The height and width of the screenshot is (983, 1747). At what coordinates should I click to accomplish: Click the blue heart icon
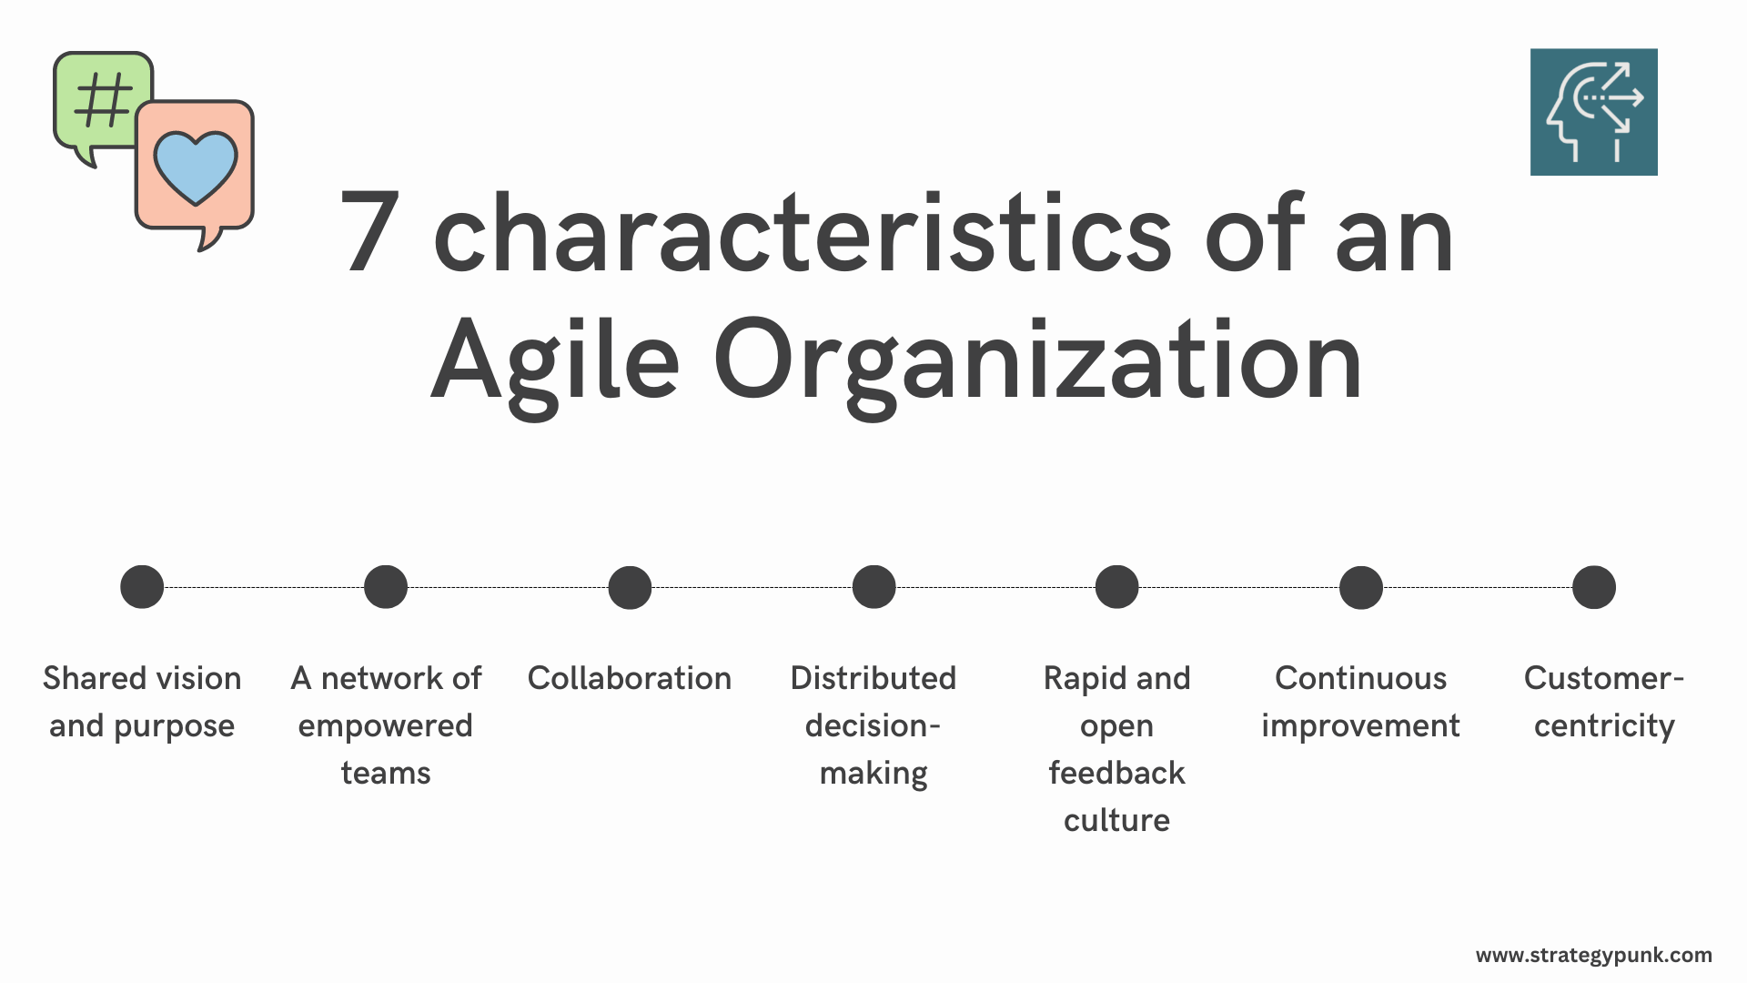coord(195,167)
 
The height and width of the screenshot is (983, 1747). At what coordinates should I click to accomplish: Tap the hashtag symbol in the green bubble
coord(103,99)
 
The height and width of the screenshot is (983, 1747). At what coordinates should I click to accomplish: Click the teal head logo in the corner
coord(1593,112)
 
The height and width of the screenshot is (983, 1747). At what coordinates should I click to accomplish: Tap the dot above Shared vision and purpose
coord(142,587)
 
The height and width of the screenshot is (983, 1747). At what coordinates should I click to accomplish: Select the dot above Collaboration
coord(630,587)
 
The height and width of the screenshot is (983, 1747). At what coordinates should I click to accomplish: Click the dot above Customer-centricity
coord(1594,587)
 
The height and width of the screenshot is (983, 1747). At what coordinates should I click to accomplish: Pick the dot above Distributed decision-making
coord(873,587)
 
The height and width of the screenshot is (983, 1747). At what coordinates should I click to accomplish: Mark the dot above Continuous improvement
coord(1361,587)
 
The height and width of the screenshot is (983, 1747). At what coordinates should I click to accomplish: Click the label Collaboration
coord(630,678)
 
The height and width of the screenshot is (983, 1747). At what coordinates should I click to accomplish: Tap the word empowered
coord(386,725)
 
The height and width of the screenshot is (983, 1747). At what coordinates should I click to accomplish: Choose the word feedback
coord(1116,773)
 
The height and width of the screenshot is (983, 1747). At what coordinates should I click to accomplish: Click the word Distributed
coord(873,678)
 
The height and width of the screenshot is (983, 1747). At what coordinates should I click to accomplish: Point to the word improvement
coord(1360,725)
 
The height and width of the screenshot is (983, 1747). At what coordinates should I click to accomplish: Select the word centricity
coord(1604,725)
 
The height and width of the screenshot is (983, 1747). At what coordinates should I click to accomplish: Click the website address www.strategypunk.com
coord(1593,955)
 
